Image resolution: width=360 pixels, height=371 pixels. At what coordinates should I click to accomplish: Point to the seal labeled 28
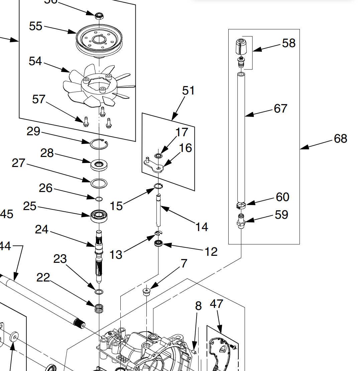[99, 165]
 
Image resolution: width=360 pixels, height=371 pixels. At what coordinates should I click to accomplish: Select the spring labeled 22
[99, 308]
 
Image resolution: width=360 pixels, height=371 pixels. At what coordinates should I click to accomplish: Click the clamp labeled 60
[241, 205]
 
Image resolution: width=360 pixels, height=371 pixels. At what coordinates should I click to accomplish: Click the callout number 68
[340, 138]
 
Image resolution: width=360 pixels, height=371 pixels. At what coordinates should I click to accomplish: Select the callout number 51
[188, 91]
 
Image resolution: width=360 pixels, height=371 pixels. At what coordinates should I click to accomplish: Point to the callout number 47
[216, 304]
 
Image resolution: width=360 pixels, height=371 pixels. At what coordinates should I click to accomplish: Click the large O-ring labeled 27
[99, 183]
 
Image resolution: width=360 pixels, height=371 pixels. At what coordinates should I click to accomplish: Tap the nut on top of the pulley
[99, 15]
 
